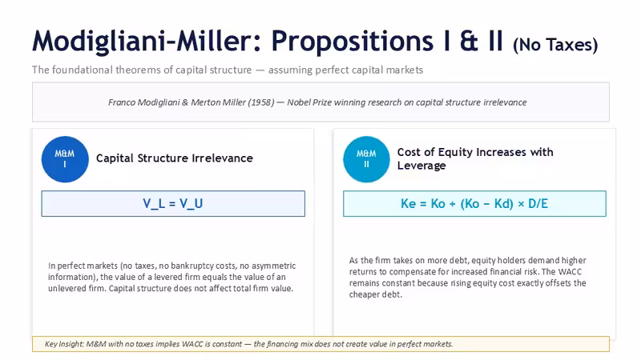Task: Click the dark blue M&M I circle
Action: pyautogui.click(x=65, y=159)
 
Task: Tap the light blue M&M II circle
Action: pyautogui.click(x=366, y=159)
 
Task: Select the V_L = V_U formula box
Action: pyautogui.click(x=173, y=203)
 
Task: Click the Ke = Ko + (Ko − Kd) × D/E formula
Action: pyautogui.click(x=474, y=203)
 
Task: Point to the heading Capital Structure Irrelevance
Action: pyautogui.click(x=175, y=158)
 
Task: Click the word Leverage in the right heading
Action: pyautogui.click(x=421, y=166)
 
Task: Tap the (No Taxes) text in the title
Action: pyautogui.click(x=555, y=44)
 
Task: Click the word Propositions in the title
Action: pyautogui.click(x=352, y=41)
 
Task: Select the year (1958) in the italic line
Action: pyautogui.click(x=261, y=102)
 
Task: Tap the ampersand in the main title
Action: pyautogui.click(x=469, y=41)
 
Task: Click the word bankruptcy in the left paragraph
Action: pyautogui.click(x=192, y=266)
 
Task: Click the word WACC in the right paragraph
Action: pyautogui.click(x=570, y=272)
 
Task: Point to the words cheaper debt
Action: pyautogui.click(x=375, y=294)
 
